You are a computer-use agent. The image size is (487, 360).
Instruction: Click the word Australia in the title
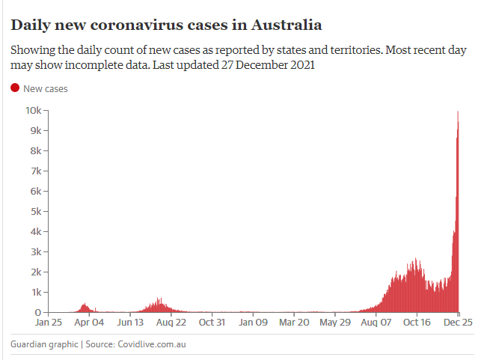[287, 25]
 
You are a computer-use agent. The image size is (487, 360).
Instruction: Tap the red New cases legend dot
[15, 88]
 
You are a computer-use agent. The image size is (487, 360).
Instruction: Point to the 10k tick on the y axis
[46, 110]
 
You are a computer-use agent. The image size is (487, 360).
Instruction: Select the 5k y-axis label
[36, 212]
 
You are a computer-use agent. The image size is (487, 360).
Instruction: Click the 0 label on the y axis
[38, 313]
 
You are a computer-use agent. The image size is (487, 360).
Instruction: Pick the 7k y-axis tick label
[36, 171]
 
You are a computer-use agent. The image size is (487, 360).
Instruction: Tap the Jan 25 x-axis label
[49, 323]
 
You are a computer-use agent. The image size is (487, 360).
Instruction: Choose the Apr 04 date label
[89, 323]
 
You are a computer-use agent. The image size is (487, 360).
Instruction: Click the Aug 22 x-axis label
[171, 323]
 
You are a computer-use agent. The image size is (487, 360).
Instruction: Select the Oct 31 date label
[212, 323]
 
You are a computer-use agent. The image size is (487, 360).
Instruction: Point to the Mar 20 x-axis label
[294, 323]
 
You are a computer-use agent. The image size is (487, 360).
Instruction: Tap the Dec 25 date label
[458, 323]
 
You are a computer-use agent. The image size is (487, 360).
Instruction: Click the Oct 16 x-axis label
[417, 323]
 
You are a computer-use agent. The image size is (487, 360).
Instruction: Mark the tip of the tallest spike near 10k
[458, 112]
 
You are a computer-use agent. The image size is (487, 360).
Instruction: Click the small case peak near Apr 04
[85, 303]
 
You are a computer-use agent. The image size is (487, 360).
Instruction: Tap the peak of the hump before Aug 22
[159, 298]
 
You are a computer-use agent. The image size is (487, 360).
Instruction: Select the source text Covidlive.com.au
[152, 344]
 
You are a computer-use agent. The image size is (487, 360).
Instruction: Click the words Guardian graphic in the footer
[44, 344]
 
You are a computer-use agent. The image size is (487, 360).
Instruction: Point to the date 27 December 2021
[268, 65]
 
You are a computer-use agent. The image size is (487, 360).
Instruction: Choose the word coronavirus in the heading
[159, 25]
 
